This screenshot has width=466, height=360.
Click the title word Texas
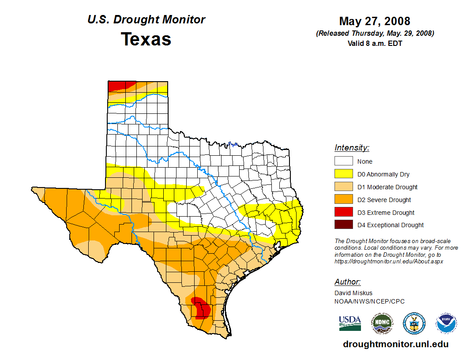(x=146, y=39)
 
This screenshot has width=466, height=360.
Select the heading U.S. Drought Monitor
(x=146, y=19)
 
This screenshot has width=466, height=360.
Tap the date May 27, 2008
(x=375, y=21)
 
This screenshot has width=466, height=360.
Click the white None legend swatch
(x=343, y=161)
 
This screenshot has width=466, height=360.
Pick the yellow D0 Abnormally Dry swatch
(x=343, y=174)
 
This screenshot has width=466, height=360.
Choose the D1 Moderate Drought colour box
(x=343, y=187)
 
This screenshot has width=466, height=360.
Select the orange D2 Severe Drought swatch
(x=343, y=199)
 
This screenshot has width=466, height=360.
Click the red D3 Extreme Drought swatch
(x=343, y=212)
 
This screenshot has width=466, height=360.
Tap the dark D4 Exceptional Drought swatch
(x=343, y=225)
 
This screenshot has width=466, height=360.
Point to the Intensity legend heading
(x=352, y=148)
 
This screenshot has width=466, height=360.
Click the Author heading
(x=347, y=282)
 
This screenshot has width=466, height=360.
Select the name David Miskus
(x=353, y=293)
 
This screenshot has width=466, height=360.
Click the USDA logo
(x=350, y=323)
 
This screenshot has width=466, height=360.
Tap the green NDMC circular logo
(x=382, y=323)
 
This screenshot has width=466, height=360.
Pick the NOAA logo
(x=447, y=323)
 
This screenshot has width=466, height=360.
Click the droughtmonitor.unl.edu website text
(x=396, y=345)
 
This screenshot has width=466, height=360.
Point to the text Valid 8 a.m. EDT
(x=375, y=43)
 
